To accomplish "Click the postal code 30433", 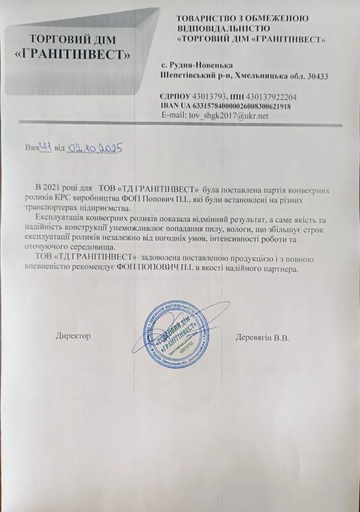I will tap(318, 76).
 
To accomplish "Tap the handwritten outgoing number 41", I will tap(46, 147).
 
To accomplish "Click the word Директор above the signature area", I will tap(73, 336).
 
